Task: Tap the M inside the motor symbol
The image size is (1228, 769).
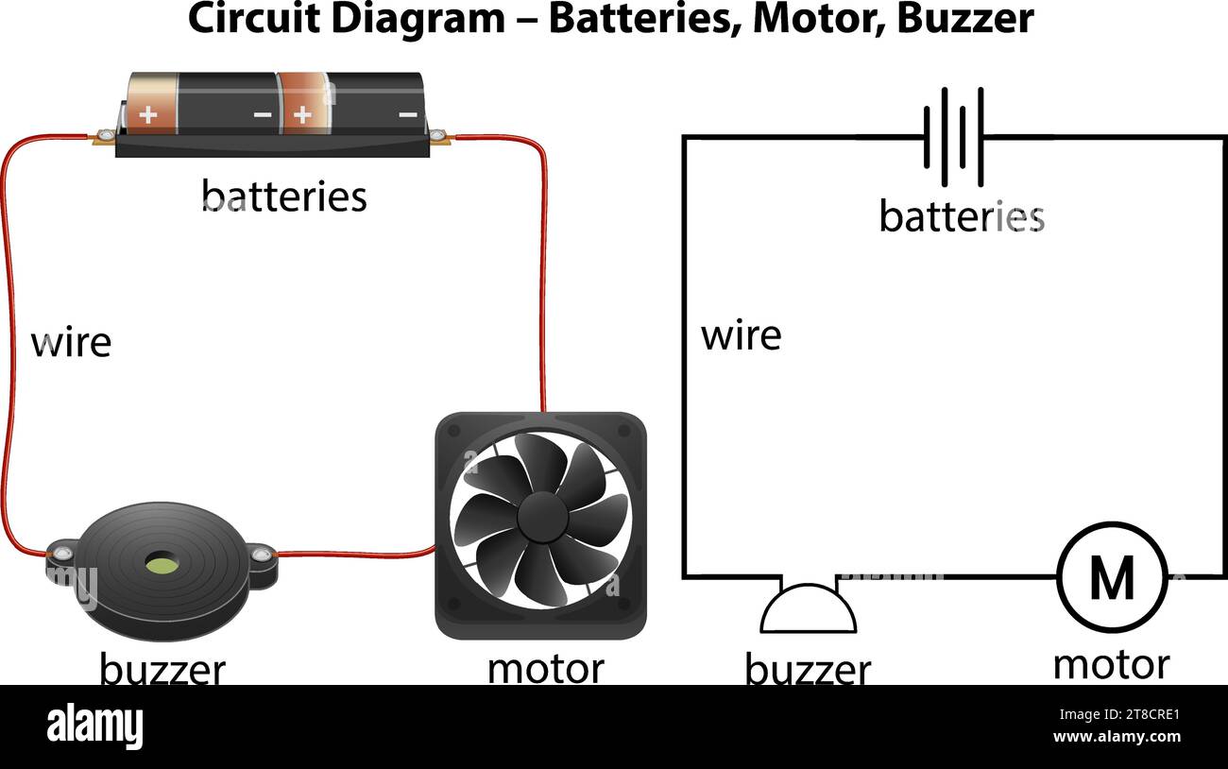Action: click(1112, 577)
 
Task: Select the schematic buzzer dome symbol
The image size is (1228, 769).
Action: click(809, 609)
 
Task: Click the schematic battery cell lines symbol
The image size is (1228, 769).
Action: click(954, 136)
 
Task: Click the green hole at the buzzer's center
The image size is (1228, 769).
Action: click(160, 565)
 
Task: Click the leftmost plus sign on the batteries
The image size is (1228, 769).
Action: click(148, 115)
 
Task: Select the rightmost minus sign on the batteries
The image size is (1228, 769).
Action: click(407, 115)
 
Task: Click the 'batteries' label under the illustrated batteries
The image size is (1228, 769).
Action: click(283, 197)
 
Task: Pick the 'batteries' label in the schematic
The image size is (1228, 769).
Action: click(961, 216)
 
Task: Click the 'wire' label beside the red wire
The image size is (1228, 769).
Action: click(71, 342)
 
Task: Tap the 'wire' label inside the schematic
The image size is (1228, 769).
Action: click(741, 335)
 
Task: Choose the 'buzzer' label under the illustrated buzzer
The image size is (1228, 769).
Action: click(162, 670)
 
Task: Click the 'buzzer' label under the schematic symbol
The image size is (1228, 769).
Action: click(808, 670)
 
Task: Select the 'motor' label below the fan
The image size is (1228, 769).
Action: click(545, 668)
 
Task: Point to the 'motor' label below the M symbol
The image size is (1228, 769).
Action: click(1111, 664)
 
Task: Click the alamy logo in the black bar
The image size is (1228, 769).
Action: click(94, 726)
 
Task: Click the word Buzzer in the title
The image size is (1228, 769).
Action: click(964, 19)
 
